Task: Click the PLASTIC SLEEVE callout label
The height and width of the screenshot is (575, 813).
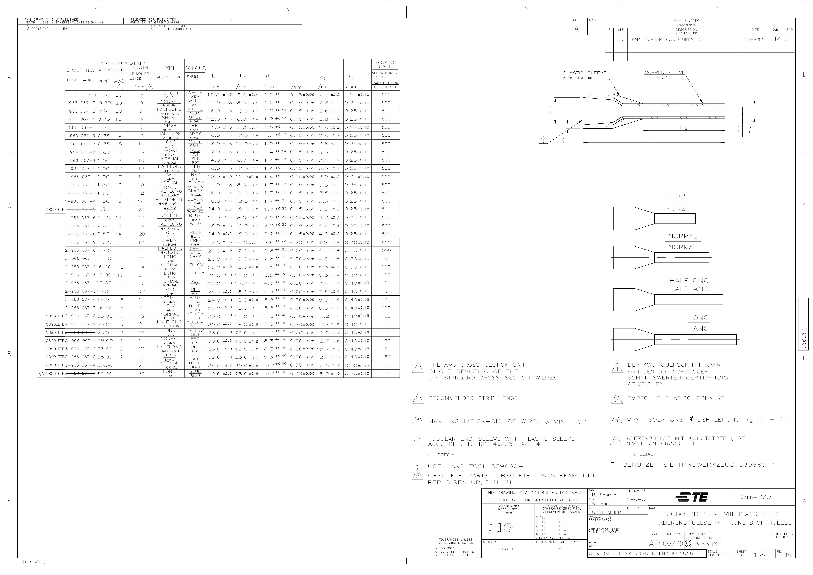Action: [x=585, y=73]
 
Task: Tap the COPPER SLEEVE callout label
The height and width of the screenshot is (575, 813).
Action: [x=665, y=73]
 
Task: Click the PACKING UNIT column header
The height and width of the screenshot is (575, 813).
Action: [x=385, y=64]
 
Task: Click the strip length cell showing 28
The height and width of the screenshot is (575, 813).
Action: [x=142, y=357]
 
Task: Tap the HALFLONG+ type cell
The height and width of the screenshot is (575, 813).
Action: [x=169, y=200]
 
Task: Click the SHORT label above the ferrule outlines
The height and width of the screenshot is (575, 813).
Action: [x=677, y=196]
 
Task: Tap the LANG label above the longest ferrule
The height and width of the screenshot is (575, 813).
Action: [x=699, y=329]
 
